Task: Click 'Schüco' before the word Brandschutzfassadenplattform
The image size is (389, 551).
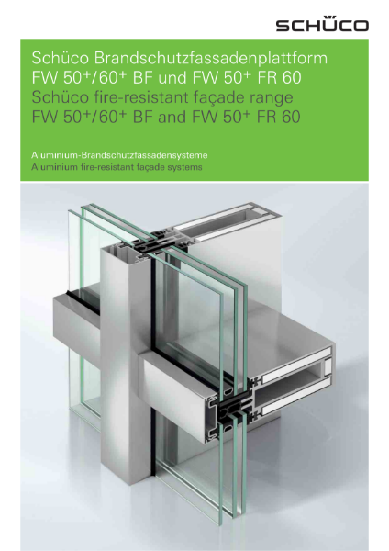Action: point(61,59)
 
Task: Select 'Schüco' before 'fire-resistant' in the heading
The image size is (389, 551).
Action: point(61,98)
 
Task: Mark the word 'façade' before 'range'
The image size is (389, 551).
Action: point(220,98)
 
